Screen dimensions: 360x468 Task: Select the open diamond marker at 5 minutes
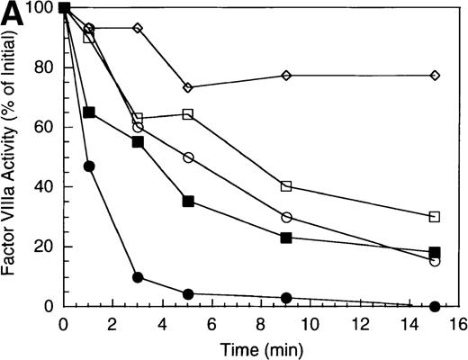click(187, 87)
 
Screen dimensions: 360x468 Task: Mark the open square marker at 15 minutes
click(435, 216)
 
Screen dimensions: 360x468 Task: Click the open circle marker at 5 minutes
click(187, 157)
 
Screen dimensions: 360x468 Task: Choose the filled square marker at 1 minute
click(88, 112)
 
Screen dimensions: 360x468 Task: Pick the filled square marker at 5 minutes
click(187, 202)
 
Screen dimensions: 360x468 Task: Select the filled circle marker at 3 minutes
click(138, 277)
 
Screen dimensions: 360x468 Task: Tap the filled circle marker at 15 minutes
click(435, 306)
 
